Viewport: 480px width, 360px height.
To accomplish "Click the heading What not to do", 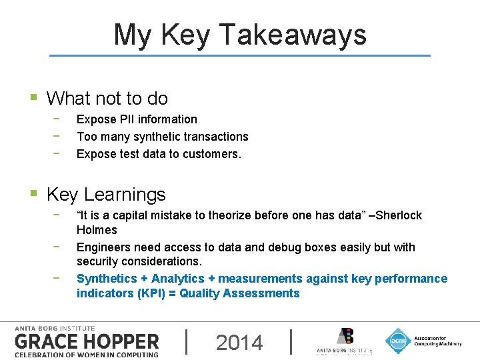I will (107, 99).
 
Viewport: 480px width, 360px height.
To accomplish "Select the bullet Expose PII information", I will (137, 119).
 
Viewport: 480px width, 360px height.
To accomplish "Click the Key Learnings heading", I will (106, 195).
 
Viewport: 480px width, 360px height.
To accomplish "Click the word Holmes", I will (97, 230).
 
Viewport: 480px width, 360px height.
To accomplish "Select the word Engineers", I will (103, 247).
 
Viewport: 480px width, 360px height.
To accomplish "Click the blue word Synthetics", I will (107, 279).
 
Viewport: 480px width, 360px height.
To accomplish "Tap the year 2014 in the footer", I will (239, 342).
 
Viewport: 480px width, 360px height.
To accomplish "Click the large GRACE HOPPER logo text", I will (87, 342).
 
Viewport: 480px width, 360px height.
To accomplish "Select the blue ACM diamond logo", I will (398, 341).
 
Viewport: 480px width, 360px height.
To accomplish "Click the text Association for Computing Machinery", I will (437, 341).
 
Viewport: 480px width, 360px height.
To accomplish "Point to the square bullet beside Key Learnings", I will (33, 195).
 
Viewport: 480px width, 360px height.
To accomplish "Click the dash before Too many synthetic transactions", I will (58, 137).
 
